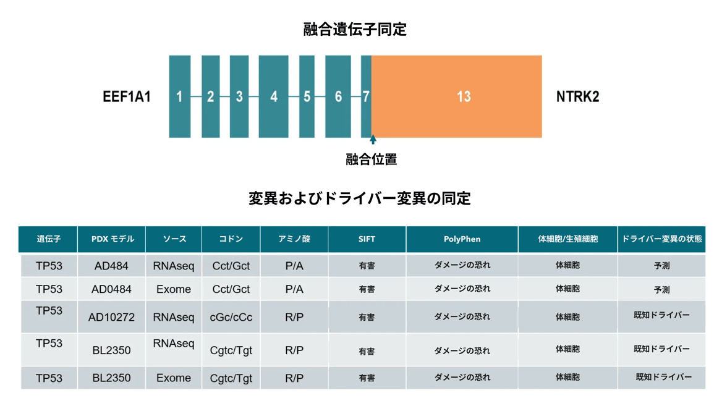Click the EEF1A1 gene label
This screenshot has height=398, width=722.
127,96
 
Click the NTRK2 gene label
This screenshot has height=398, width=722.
577,96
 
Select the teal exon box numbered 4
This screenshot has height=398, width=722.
273,96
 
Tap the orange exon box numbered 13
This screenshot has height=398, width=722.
457,96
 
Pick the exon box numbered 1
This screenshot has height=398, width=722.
180,96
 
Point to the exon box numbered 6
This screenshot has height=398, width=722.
338,96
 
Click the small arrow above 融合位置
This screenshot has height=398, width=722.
373,140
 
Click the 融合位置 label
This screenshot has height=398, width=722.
371,159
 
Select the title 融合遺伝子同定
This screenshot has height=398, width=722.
355,30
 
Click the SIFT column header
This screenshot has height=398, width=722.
367,239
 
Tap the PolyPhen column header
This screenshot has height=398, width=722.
462,239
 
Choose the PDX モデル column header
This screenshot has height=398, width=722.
112,239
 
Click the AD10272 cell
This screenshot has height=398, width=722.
111,317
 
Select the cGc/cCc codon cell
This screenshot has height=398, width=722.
231,317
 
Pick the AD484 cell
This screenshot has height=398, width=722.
111,266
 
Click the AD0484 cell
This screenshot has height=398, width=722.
111,289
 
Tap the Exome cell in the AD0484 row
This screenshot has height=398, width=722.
174,289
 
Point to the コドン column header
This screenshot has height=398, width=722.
231,239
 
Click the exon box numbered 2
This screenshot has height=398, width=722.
210,96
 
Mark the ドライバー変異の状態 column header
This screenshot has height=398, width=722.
661,239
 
